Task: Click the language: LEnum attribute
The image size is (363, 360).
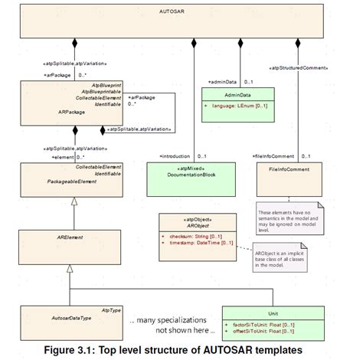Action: [240, 106]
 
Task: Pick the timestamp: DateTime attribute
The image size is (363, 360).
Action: [196, 244]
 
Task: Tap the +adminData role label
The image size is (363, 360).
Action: [222, 80]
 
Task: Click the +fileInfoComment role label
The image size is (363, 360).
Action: [273, 156]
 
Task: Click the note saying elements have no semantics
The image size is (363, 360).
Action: [288, 218]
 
